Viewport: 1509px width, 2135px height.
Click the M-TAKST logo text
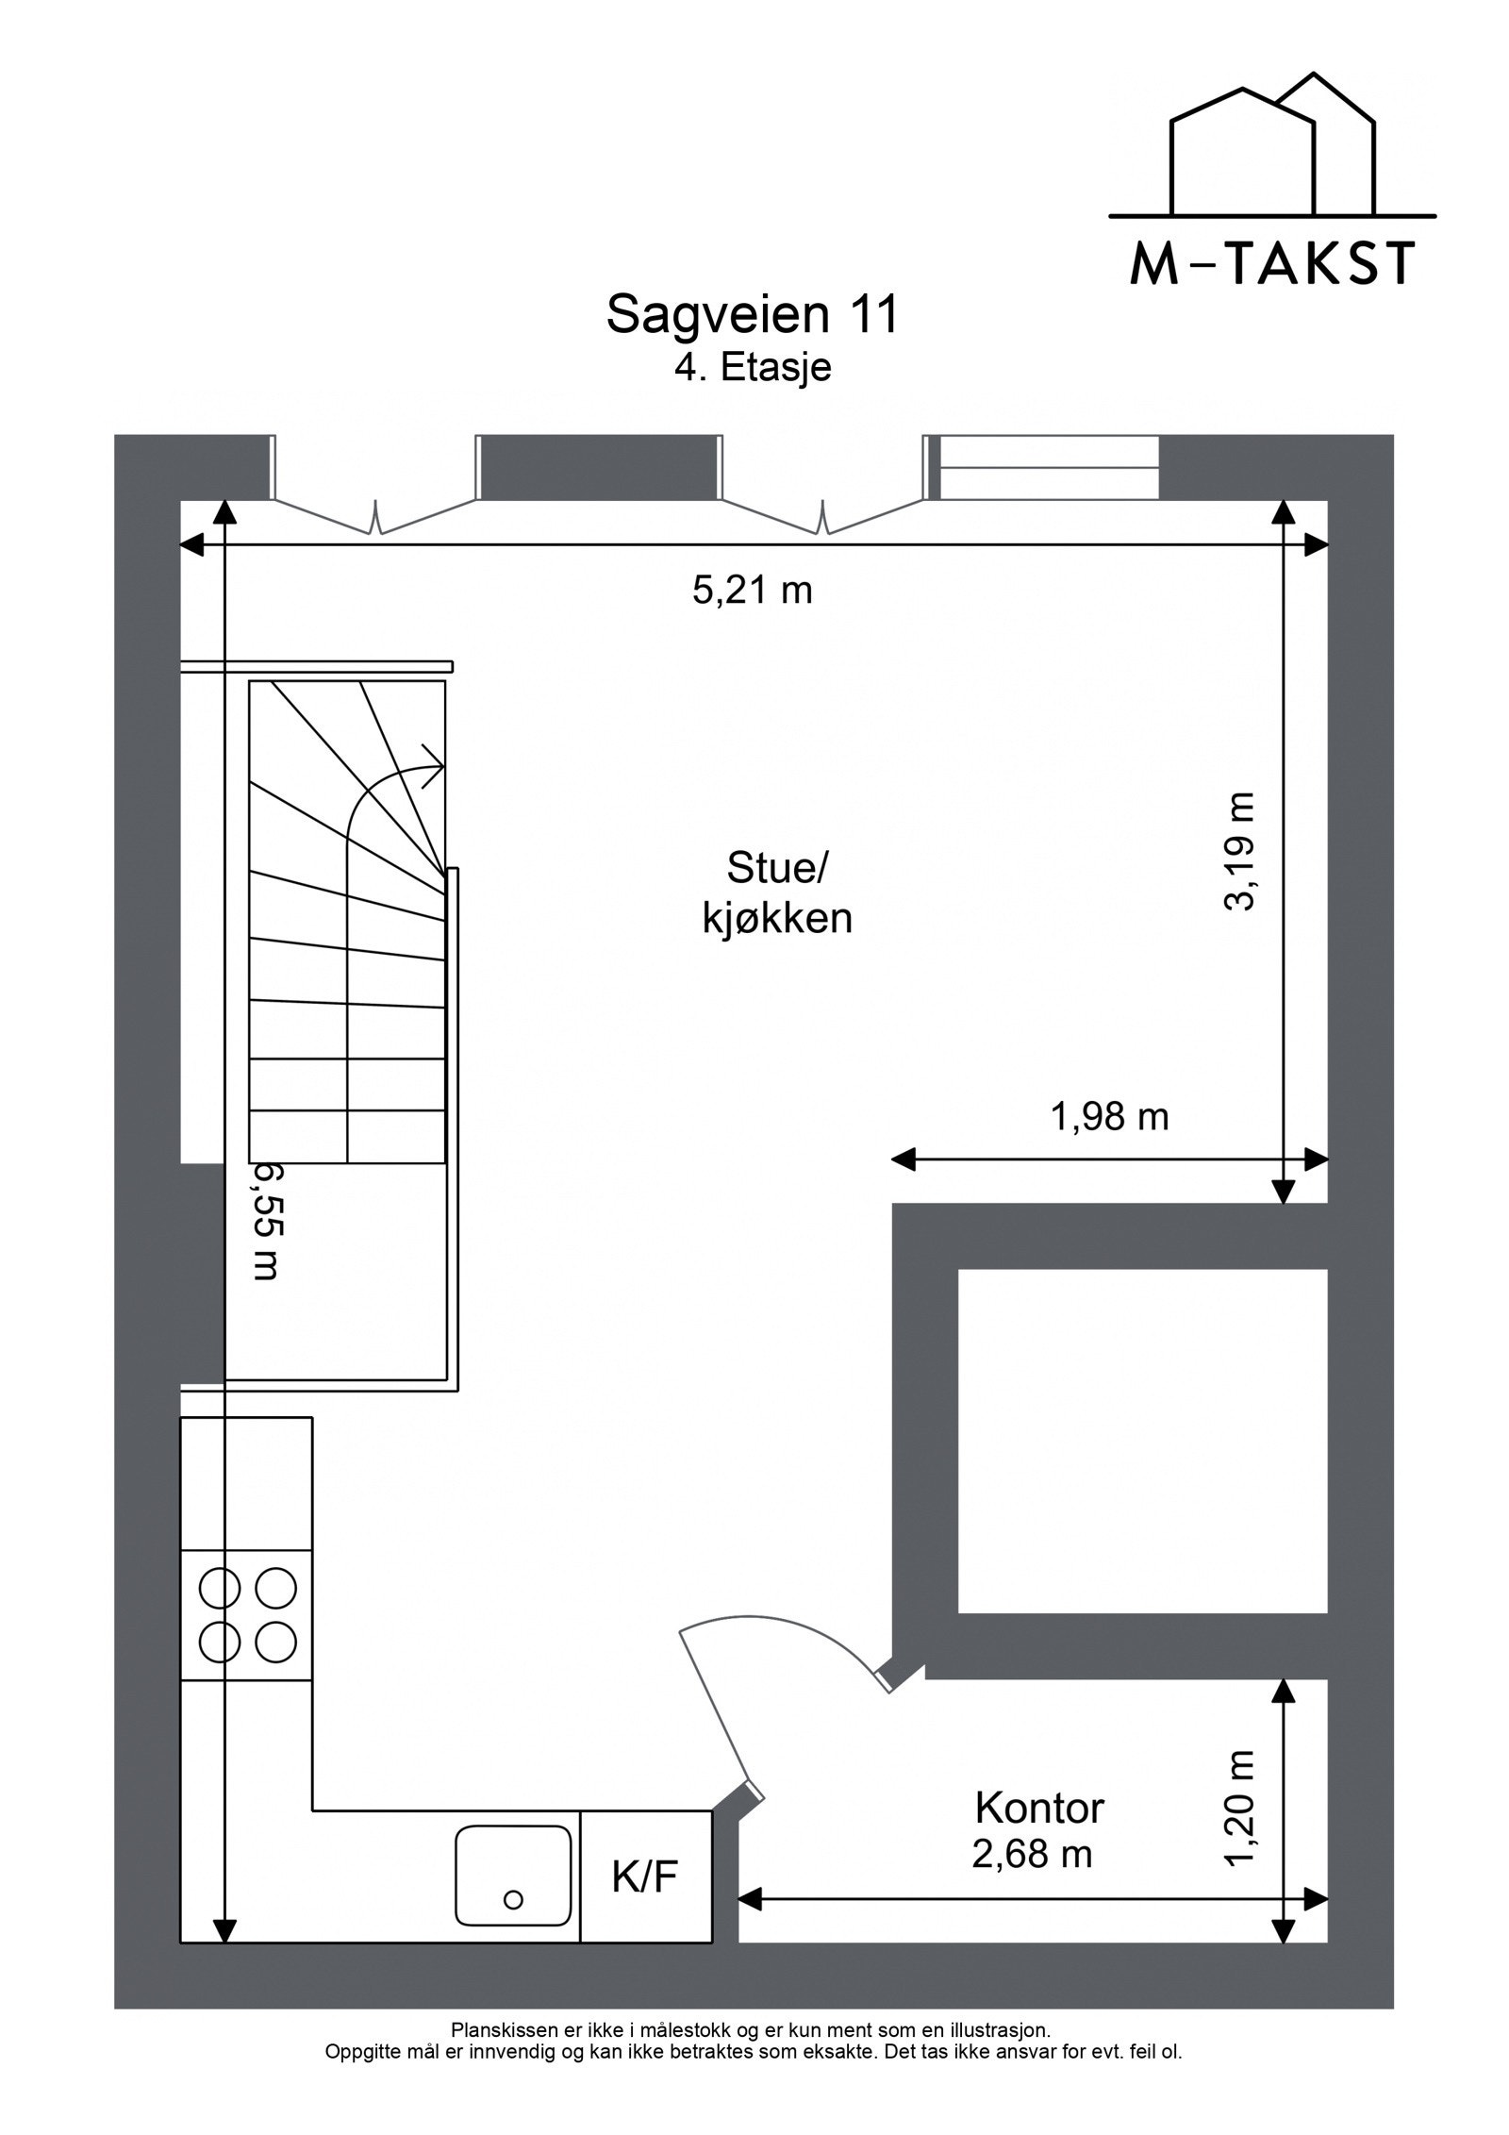click(1272, 263)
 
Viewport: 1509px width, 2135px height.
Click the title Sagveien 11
click(752, 314)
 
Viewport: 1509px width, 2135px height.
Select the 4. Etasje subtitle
click(752, 367)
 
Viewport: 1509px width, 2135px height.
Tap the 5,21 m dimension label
click(752, 591)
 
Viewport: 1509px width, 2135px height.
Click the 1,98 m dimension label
click(1109, 1117)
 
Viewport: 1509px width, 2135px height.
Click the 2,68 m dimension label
click(1032, 1854)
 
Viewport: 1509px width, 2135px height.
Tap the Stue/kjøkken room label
click(776, 892)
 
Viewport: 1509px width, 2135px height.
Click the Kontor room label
click(1038, 1808)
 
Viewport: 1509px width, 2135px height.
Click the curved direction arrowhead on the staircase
click(434, 765)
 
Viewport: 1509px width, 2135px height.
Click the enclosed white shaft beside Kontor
click(1142, 1441)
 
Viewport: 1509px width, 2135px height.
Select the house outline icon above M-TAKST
click(1271, 151)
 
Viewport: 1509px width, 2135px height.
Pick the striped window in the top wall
click(1049, 467)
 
